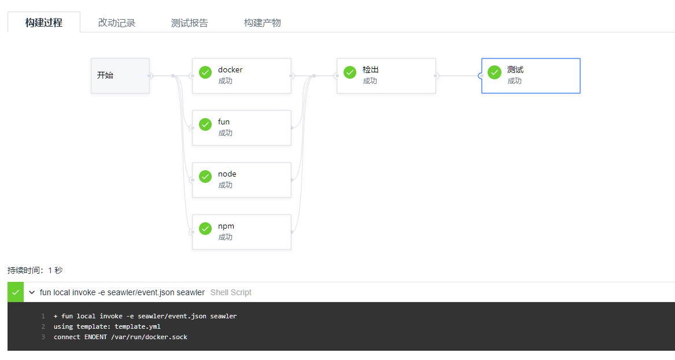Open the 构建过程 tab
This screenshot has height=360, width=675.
(x=44, y=23)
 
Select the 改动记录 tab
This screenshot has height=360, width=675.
(x=117, y=23)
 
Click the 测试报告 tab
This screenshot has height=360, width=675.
(x=190, y=23)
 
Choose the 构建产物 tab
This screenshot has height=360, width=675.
(x=263, y=23)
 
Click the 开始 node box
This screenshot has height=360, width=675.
(x=120, y=75)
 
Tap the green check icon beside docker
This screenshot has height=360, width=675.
(x=205, y=72)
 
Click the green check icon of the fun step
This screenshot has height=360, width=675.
(x=205, y=124)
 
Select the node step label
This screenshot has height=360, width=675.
(x=227, y=174)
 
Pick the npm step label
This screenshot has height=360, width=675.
(x=226, y=226)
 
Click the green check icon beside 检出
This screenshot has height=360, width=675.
(x=350, y=72)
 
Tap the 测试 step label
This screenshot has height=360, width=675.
(x=515, y=70)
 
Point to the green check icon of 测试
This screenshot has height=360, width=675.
(x=495, y=72)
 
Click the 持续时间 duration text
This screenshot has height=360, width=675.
(x=35, y=270)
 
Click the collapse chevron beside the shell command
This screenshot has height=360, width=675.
(x=32, y=292)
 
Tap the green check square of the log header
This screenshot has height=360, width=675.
(x=16, y=292)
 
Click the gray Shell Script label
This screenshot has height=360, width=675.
(x=231, y=292)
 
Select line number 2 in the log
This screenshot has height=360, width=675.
(x=43, y=326)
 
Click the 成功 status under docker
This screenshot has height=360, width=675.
(x=226, y=81)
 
